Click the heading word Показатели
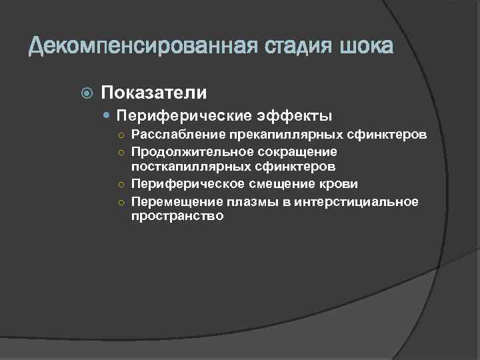(x=154, y=92)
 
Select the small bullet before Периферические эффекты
(x=109, y=116)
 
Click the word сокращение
(x=289, y=152)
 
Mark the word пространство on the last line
(x=177, y=217)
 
